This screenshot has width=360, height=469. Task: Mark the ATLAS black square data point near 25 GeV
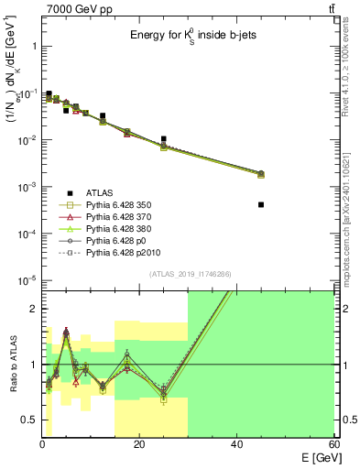164,139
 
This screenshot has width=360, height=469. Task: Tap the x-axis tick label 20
139,445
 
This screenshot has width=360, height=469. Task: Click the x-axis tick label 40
236,445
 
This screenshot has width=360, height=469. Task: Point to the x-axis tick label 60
333,445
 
